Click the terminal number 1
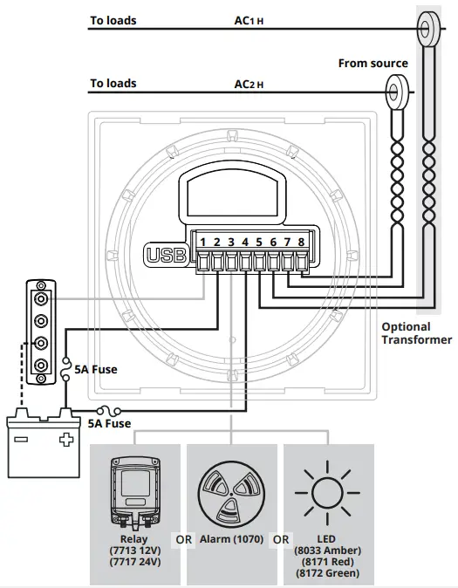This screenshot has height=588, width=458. tap(202, 242)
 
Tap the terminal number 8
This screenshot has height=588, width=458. tap(302, 242)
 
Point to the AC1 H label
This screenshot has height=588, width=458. tap(249, 20)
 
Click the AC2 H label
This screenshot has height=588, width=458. tap(250, 85)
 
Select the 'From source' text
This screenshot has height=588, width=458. tap(373, 64)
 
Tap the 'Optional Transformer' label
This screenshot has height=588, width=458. tap(416, 333)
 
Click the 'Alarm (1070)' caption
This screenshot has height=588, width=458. tap(229, 540)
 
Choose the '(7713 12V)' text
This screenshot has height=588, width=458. tap(135, 551)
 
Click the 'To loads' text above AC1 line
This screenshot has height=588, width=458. tap(113, 20)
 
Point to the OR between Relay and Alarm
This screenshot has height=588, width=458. tap(183, 540)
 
